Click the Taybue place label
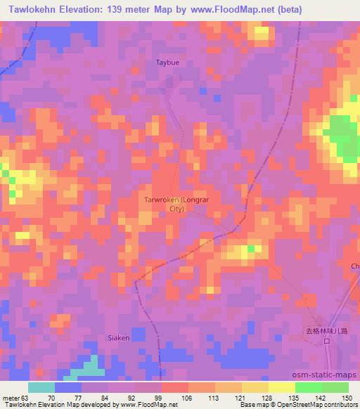point(167,63)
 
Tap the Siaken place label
point(118,337)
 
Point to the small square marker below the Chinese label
point(327,342)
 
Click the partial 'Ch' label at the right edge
point(355,266)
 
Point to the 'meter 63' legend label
point(15,397)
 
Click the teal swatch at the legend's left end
point(41,387)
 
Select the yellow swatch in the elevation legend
point(281,387)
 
